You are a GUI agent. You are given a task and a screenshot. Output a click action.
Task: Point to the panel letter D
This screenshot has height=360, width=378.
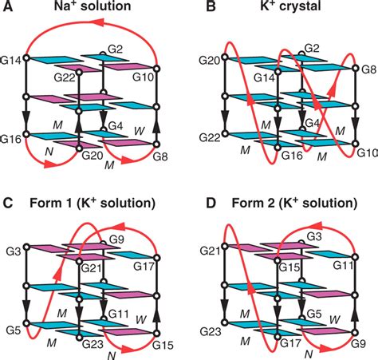click(199, 196)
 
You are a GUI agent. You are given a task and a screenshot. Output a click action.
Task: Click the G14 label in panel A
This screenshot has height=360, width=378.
click(13, 57)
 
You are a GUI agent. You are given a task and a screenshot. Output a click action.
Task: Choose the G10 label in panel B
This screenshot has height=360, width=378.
click(365, 152)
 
